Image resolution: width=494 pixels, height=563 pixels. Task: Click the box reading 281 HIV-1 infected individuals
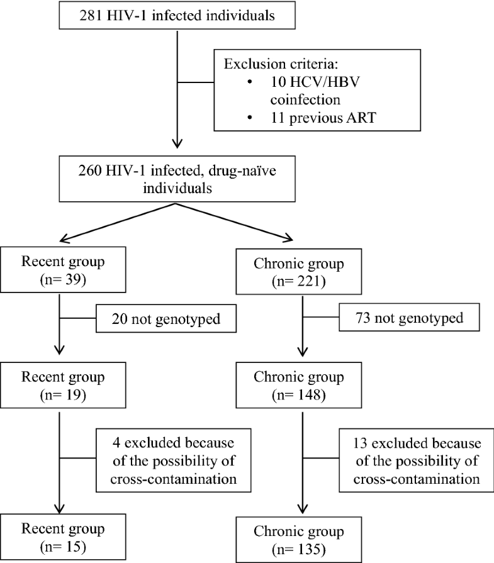point(179,15)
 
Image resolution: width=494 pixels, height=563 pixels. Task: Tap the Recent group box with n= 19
point(59,387)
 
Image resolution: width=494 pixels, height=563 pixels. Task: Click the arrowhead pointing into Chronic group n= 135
point(303,508)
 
